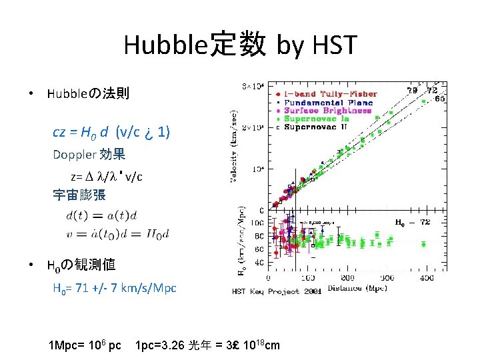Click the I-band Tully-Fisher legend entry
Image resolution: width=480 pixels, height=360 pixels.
pyautogui.click(x=330, y=94)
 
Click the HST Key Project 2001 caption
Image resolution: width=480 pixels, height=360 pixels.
pyautogui.click(x=277, y=291)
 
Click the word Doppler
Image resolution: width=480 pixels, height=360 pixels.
pyautogui.click(x=75, y=155)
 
